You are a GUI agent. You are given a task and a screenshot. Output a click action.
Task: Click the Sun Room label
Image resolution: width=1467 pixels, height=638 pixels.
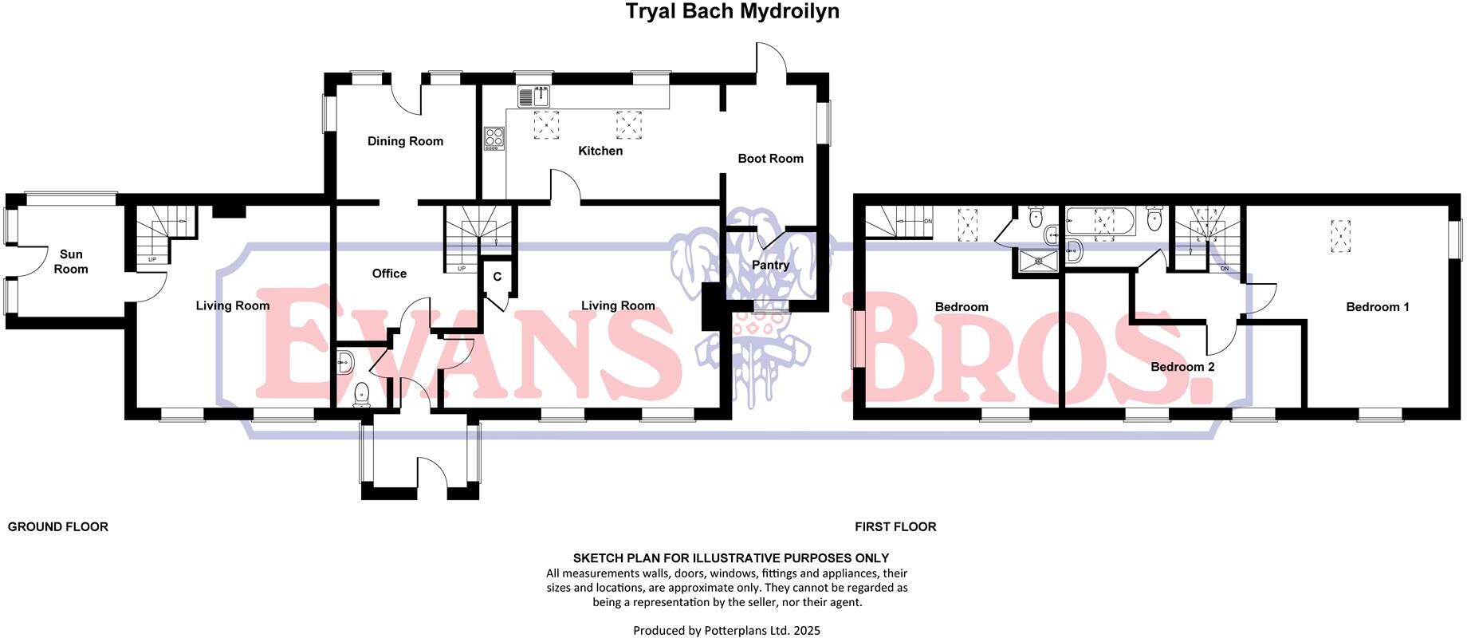pos(71,262)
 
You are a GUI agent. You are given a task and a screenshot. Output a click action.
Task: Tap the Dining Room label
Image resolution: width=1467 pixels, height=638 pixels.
pos(405,141)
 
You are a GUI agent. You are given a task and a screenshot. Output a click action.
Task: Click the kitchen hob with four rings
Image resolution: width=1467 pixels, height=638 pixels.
pos(494,139)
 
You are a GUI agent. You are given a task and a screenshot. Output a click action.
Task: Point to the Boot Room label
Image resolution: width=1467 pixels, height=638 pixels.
pos(770,159)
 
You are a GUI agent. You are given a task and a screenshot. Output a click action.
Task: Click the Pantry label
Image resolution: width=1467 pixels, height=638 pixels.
pos(770,265)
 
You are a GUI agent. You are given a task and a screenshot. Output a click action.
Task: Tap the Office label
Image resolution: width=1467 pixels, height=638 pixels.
pos(389,274)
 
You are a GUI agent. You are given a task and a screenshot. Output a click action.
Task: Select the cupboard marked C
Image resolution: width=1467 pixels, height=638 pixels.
pos(498,278)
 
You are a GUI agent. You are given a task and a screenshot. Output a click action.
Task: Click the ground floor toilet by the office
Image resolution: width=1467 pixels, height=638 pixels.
pos(363,392)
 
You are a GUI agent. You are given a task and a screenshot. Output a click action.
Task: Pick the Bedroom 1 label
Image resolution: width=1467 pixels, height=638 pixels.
pos(1378,307)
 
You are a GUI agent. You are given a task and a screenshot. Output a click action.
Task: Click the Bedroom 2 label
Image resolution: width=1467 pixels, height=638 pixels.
pos(1182,367)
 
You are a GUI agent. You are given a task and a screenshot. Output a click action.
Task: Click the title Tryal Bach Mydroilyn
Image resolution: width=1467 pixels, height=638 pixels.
pos(732,12)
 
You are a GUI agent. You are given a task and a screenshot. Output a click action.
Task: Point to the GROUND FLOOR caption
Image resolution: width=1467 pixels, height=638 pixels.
pos(57,526)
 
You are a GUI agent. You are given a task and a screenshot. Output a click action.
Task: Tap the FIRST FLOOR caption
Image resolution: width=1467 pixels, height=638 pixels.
pos(895,526)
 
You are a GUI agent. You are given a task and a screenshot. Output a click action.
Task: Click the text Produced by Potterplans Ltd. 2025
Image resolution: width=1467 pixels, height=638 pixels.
pos(726,630)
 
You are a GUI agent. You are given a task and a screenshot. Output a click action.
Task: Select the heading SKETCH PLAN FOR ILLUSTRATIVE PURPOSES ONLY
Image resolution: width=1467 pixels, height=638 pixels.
pos(730,558)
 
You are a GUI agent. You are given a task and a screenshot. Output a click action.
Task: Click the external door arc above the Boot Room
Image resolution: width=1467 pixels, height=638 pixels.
pos(771,60)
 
